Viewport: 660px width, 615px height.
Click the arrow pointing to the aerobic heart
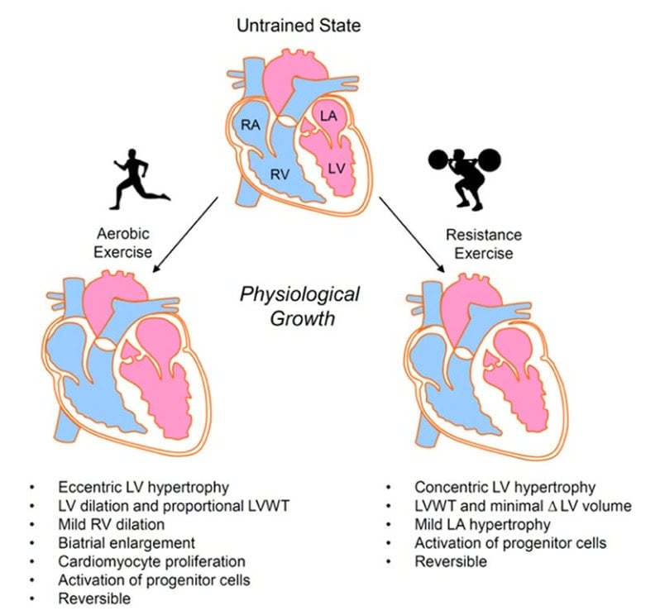pos(185,231)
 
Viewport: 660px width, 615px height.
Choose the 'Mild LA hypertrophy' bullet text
pos(482,524)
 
